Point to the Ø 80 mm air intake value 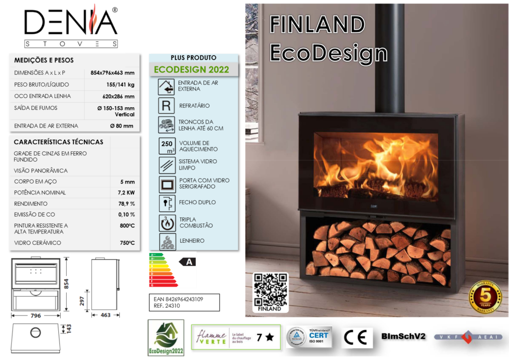(121, 126)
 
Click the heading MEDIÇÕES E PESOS (44, 60)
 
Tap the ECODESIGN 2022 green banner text (191, 70)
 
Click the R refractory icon (167, 106)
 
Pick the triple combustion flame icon (167, 223)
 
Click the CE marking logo (355, 337)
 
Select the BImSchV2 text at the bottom (403, 337)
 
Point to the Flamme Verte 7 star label (235, 337)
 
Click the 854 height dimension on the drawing (73, 284)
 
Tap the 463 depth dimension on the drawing (105, 315)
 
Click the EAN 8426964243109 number (179, 299)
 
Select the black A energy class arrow (188, 262)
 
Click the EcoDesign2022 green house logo (166, 338)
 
